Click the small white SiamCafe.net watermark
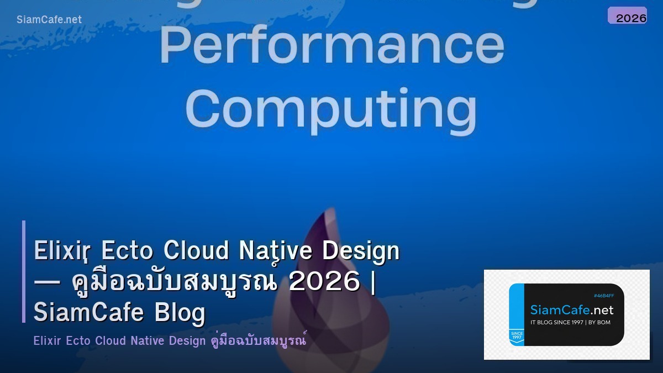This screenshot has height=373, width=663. point(49,19)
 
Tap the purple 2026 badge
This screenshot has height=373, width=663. point(628,16)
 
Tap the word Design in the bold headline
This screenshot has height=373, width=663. point(361,251)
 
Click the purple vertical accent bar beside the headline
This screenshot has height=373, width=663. point(24,271)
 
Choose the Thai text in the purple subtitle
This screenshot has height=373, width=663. point(259,341)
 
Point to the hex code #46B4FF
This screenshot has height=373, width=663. point(603,296)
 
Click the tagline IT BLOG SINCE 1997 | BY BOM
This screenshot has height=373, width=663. point(570,322)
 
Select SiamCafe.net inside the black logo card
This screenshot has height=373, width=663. point(572,310)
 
